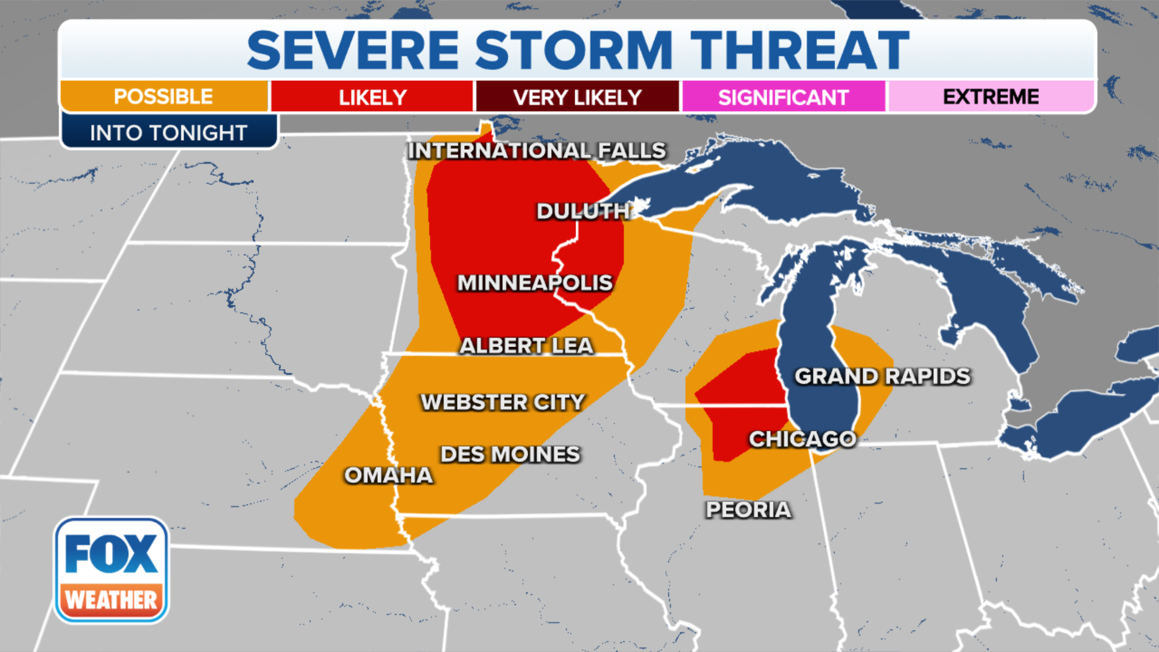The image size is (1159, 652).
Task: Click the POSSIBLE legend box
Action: point(164,97)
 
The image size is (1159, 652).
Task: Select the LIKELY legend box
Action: point(372,97)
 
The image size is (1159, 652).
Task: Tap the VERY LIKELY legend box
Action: point(577,97)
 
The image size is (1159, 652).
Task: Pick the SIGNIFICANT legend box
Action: point(783,97)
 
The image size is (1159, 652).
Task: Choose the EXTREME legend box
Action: point(991,97)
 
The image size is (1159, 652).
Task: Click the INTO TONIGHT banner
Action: point(168,132)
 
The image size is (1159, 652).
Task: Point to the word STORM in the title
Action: point(573,51)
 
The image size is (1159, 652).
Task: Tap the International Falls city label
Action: point(537,150)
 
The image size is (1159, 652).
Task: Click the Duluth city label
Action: point(583,211)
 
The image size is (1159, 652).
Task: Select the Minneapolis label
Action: point(535,283)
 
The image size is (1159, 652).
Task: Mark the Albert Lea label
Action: point(526,346)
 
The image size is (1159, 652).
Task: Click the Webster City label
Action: point(503,402)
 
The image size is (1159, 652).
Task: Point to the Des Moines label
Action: point(510,454)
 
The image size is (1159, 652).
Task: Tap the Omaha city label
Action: point(388,475)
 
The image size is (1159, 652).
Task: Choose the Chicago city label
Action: point(802,439)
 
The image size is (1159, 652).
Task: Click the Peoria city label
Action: point(748,510)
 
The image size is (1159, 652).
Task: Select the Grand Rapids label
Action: point(882,376)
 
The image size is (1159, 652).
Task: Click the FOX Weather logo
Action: point(111,570)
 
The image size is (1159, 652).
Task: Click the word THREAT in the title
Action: point(799,51)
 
